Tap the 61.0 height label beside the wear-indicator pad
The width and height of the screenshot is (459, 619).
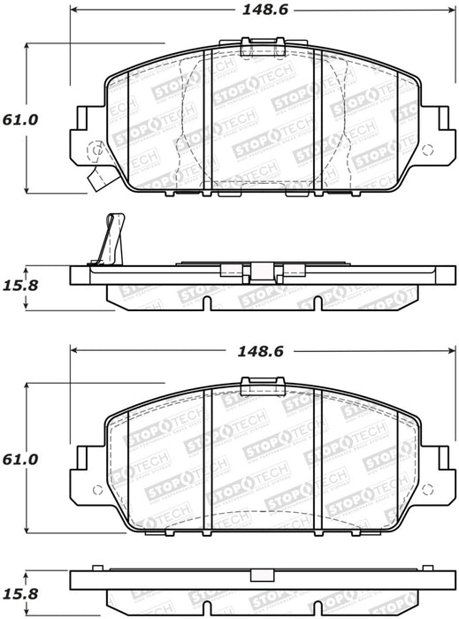click(21, 118)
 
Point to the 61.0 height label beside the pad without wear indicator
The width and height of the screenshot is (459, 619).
click(21, 460)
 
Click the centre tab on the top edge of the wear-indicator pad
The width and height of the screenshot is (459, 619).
click(263, 43)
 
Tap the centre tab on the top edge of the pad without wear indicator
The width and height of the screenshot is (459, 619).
click(263, 383)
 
